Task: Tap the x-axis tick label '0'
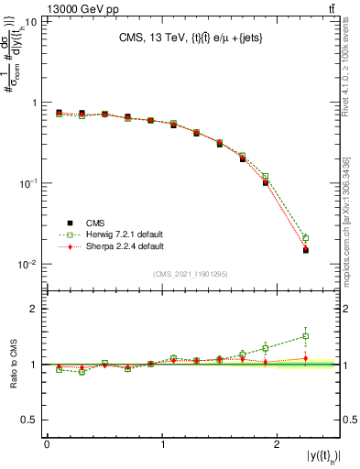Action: tap(47, 445)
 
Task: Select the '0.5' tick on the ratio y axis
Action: tap(33, 420)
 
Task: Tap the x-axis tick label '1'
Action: tap(162, 445)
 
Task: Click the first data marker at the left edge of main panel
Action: tap(59, 113)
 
